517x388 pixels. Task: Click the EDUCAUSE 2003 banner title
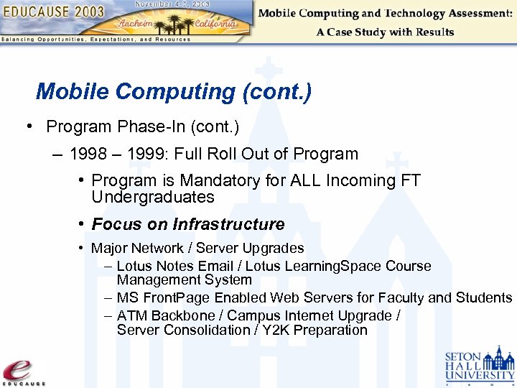point(53,12)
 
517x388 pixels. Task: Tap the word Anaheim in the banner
point(139,22)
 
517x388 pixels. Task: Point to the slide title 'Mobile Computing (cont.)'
point(173,92)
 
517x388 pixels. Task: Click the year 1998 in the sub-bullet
point(90,154)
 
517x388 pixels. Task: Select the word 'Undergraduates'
point(153,197)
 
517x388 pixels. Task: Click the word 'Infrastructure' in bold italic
point(229,224)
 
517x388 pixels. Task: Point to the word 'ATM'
point(131,315)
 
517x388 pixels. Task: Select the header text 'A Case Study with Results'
point(385,32)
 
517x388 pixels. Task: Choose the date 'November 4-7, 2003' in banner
point(173,4)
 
